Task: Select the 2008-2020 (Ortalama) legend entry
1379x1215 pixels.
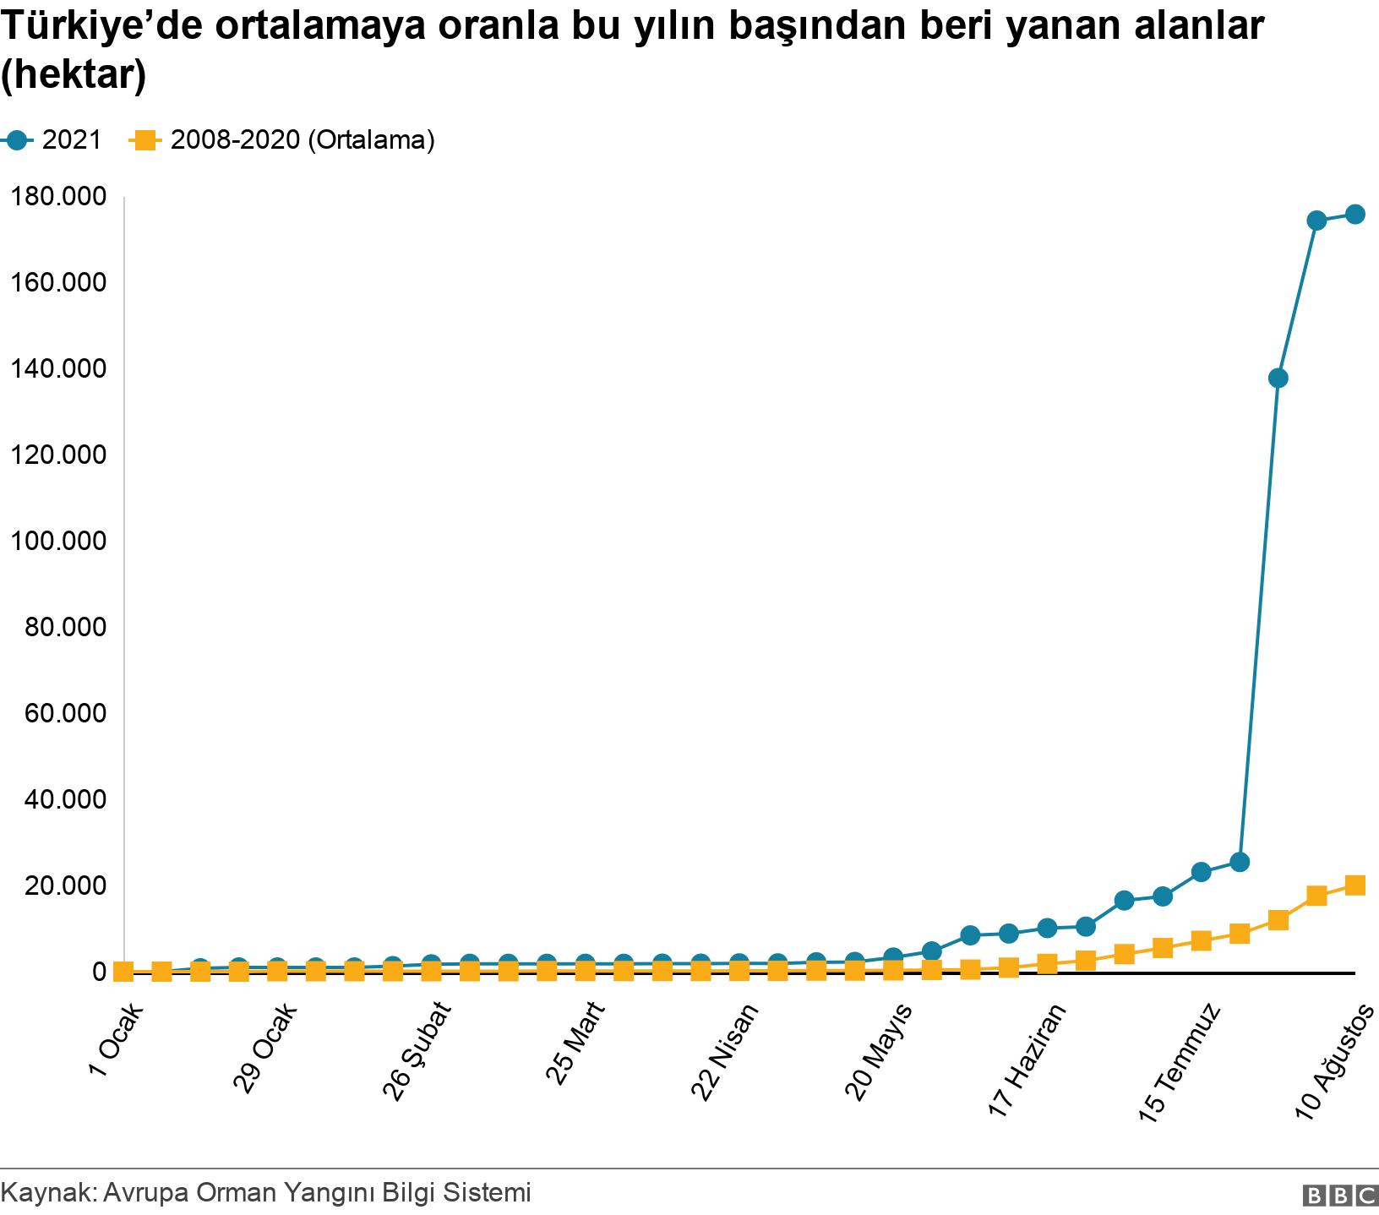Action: click(x=283, y=140)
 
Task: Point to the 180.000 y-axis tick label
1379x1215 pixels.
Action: click(x=58, y=196)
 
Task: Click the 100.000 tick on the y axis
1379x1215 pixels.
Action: click(x=58, y=541)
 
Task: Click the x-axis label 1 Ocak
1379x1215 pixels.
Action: click(x=117, y=1040)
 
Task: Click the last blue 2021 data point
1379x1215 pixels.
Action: click(x=1355, y=215)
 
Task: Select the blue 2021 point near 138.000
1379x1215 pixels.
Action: click(x=1278, y=378)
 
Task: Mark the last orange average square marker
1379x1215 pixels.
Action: click(x=1355, y=885)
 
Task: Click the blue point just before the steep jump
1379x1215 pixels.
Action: click(x=1240, y=863)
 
